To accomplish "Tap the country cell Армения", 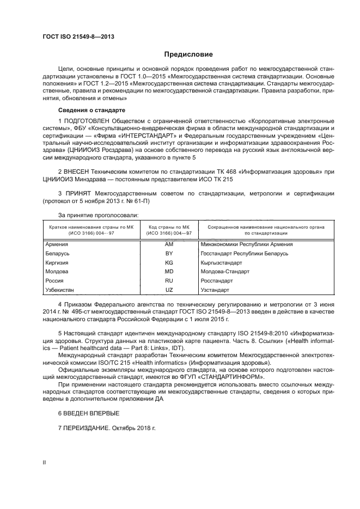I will point(57,244).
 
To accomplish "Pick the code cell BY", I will point(169,254).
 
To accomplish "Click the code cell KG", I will point(169,262).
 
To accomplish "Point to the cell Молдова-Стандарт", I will point(224,272).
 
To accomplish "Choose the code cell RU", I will point(169,281).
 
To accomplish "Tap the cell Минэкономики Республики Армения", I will point(246,244).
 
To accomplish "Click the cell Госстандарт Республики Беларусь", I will point(244,254).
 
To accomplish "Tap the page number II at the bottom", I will point(45,462).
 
